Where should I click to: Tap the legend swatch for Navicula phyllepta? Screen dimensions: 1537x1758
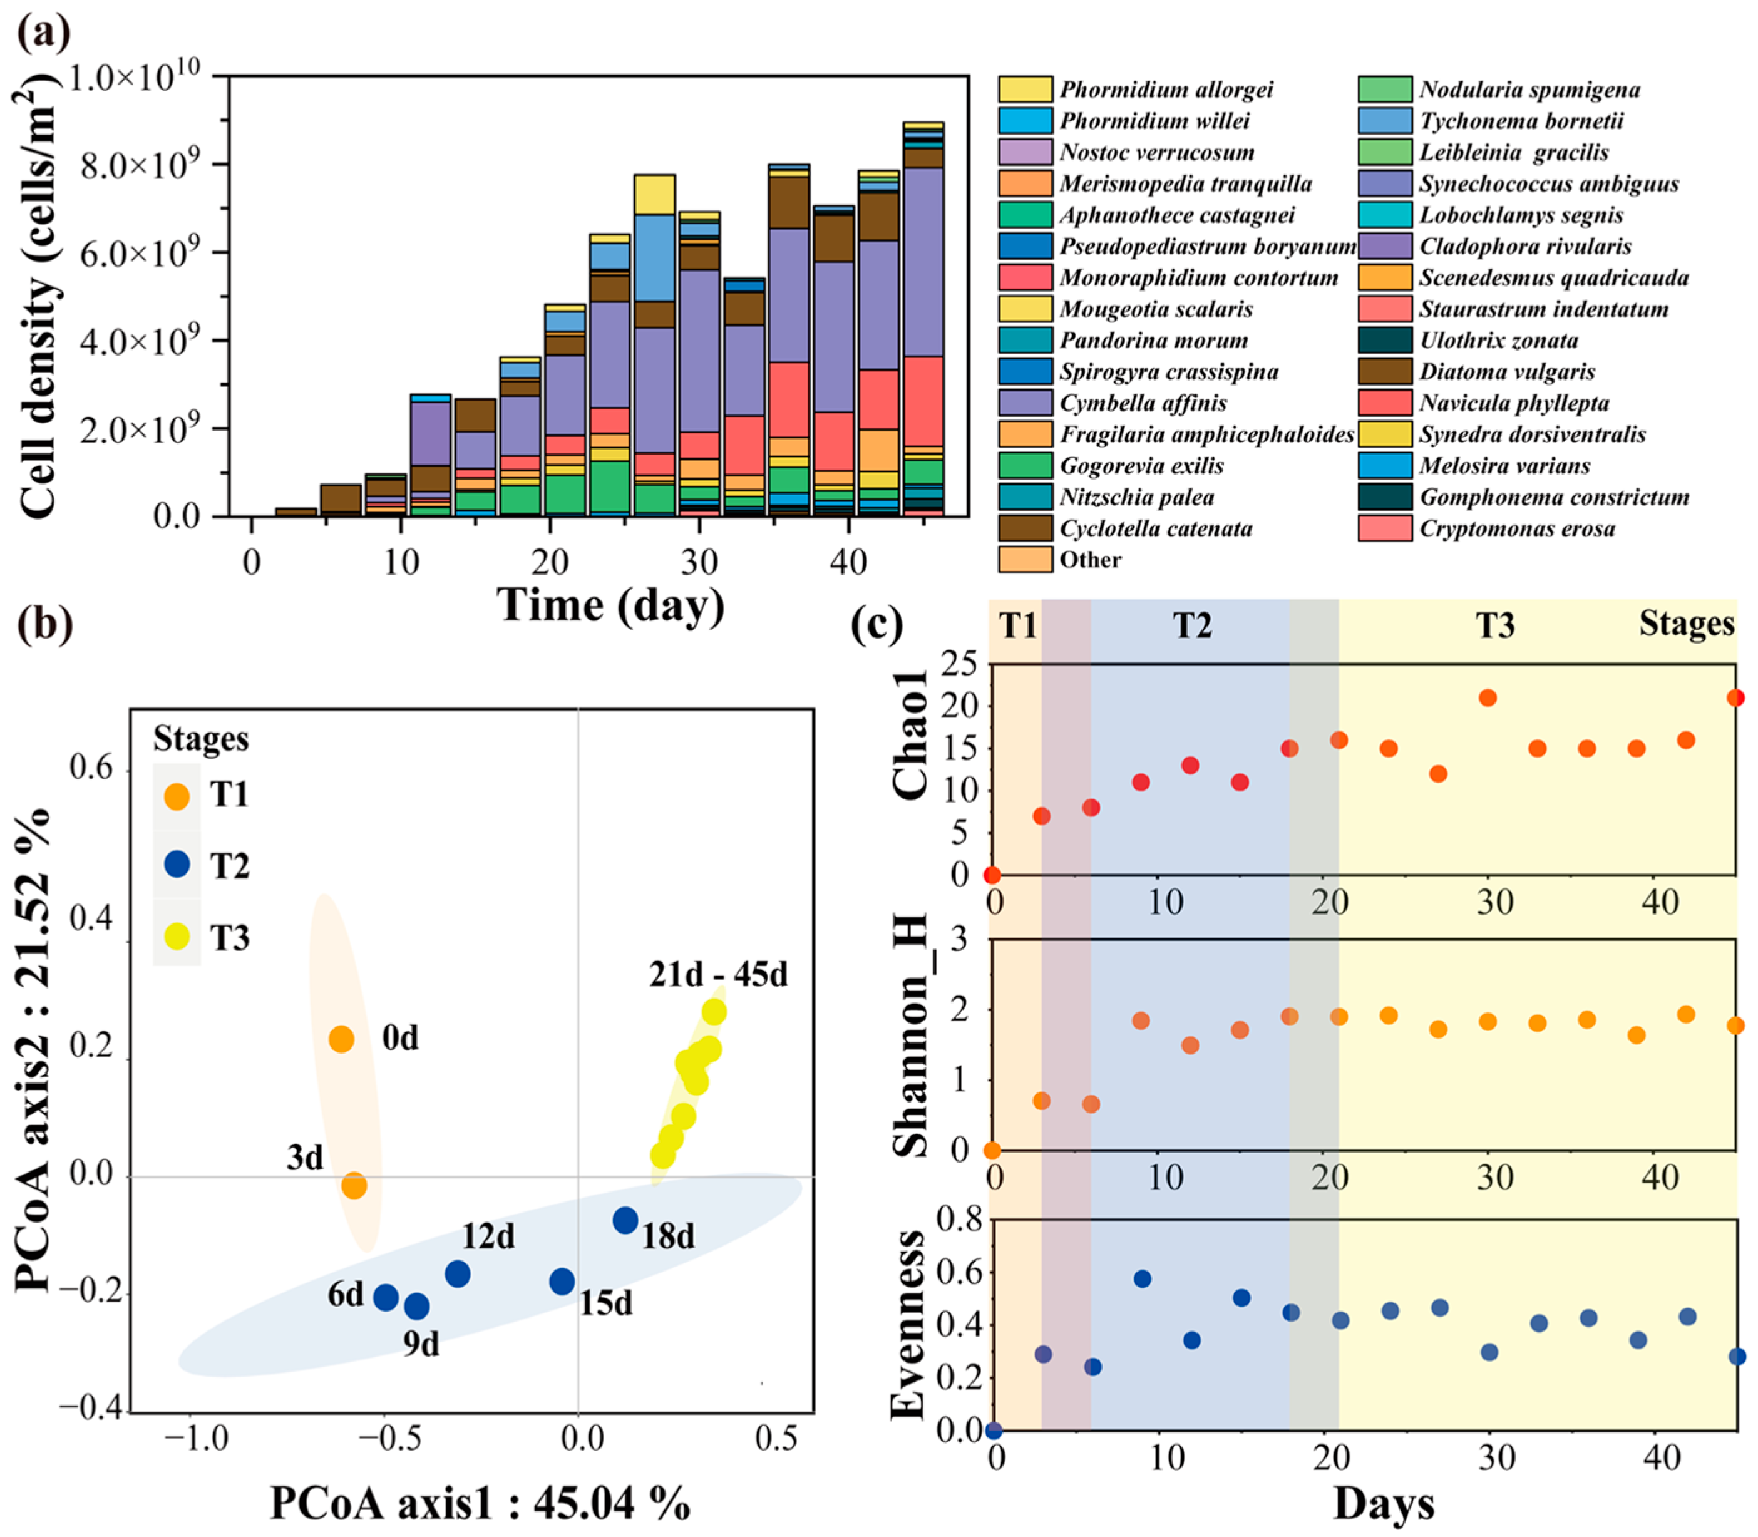tap(1384, 403)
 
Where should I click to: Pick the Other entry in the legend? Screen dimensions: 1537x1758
tap(1089, 560)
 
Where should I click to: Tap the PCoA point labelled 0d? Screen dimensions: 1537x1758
tap(341, 1039)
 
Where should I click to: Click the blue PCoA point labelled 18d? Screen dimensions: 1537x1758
tap(625, 1220)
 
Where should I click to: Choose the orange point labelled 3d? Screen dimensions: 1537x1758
tap(354, 1186)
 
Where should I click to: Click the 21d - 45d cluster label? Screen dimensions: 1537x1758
tap(717, 975)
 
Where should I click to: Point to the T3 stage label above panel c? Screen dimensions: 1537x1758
tap(1494, 625)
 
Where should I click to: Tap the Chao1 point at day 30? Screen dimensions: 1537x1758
tap(1488, 698)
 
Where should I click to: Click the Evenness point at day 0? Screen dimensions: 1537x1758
tap(994, 1431)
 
